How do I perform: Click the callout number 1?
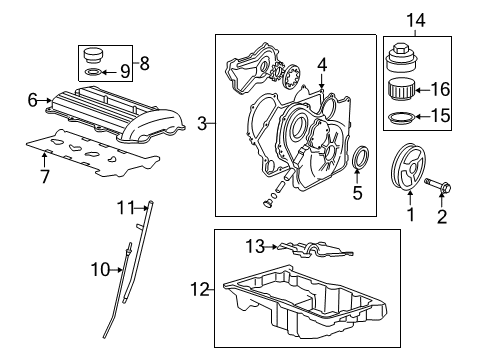pyautogui.click(x=407, y=212)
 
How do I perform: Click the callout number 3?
pyautogui.click(x=203, y=124)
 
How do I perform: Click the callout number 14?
pyautogui.click(x=414, y=18)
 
